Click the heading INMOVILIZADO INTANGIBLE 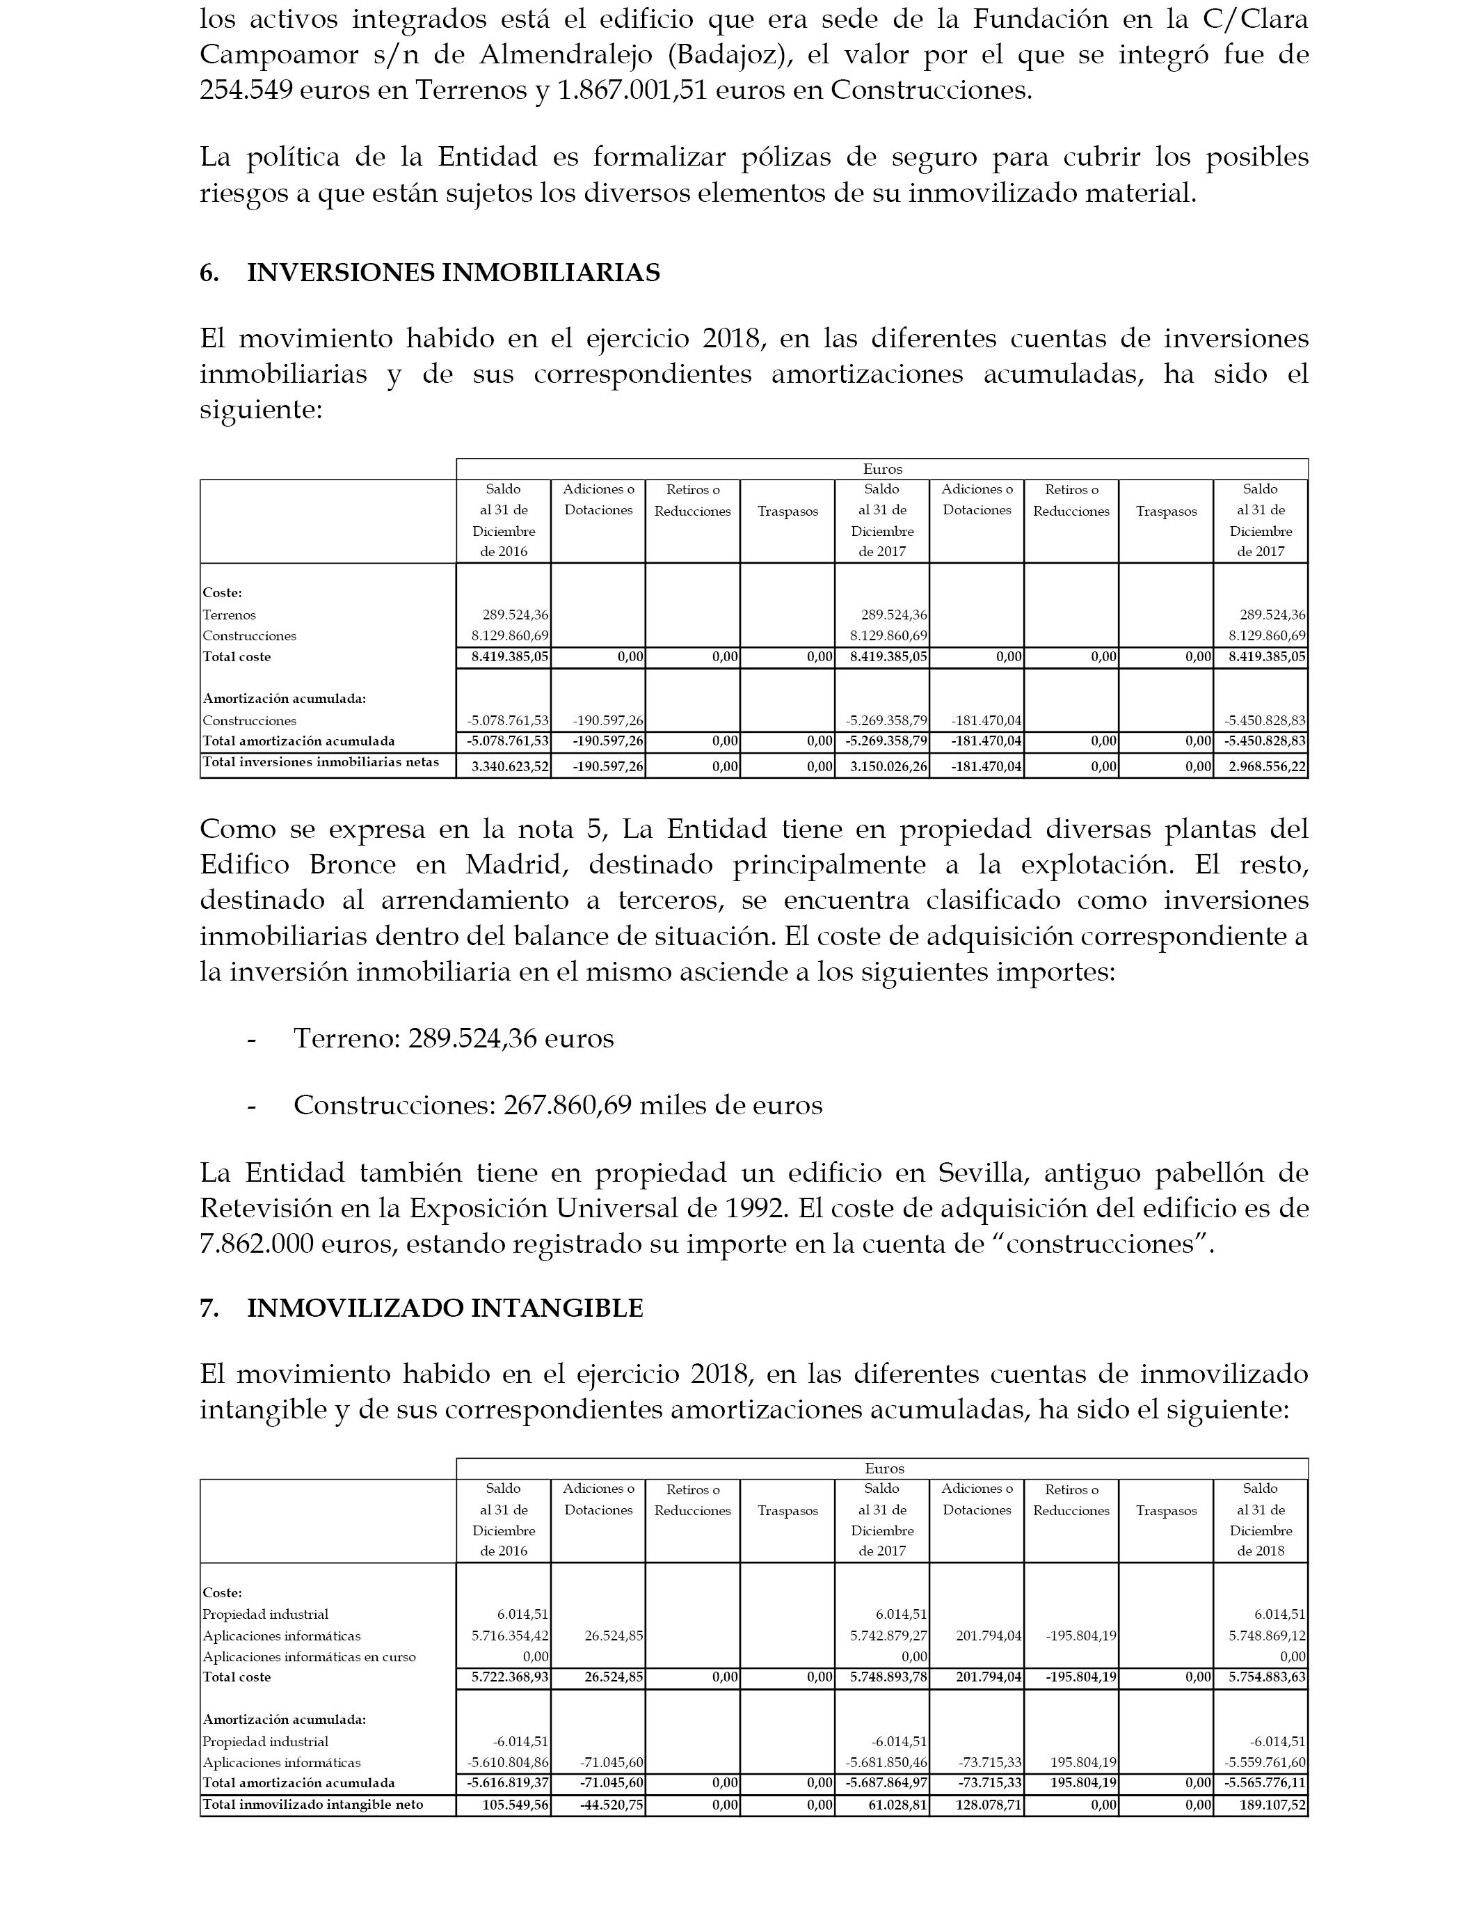(x=445, y=1308)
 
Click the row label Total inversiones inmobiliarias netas (x=321, y=763)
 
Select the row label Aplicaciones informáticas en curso (x=309, y=1657)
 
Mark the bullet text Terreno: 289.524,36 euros (x=454, y=1038)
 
